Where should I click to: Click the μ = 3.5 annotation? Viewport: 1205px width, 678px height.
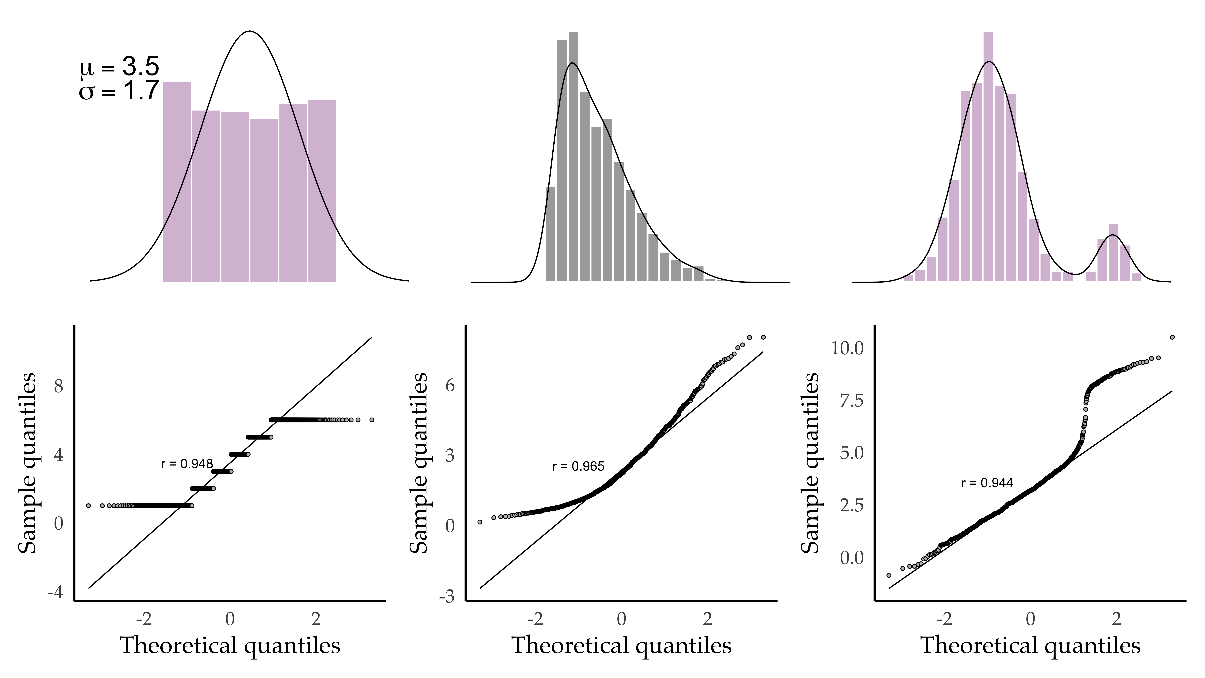click(x=119, y=67)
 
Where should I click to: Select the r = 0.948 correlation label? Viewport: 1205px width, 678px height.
click(x=187, y=464)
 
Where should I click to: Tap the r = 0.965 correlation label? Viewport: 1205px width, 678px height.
click(x=578, y=466)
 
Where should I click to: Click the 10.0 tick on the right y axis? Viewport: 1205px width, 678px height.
click(x=847, y=348)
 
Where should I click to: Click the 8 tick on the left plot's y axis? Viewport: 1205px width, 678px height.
click(x=59, y=386)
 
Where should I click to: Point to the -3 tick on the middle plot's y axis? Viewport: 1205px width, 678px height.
click(x=447, y=597)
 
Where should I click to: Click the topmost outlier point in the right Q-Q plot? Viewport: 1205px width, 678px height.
click(x=1172, y=337)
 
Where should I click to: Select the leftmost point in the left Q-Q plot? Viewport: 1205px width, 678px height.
click(x=88, y=506)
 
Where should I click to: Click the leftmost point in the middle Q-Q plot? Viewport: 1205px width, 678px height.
click(x=479, y=522)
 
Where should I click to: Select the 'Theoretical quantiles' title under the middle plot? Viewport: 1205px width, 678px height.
click(x=621, y=646)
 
